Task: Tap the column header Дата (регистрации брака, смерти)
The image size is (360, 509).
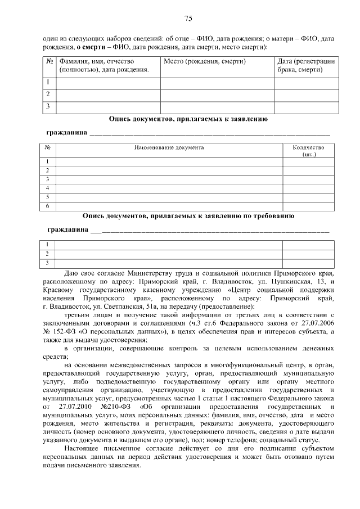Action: pos(306,65)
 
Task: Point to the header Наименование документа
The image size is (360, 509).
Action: pos(169,147)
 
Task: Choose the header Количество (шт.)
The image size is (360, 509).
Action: pos(308,150)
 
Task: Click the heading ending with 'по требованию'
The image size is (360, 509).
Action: pos(188,215)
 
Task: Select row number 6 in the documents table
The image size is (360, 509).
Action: pos(48,206)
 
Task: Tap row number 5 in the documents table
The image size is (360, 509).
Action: pos(48,197)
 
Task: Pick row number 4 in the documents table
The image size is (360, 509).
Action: pos(48,188)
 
